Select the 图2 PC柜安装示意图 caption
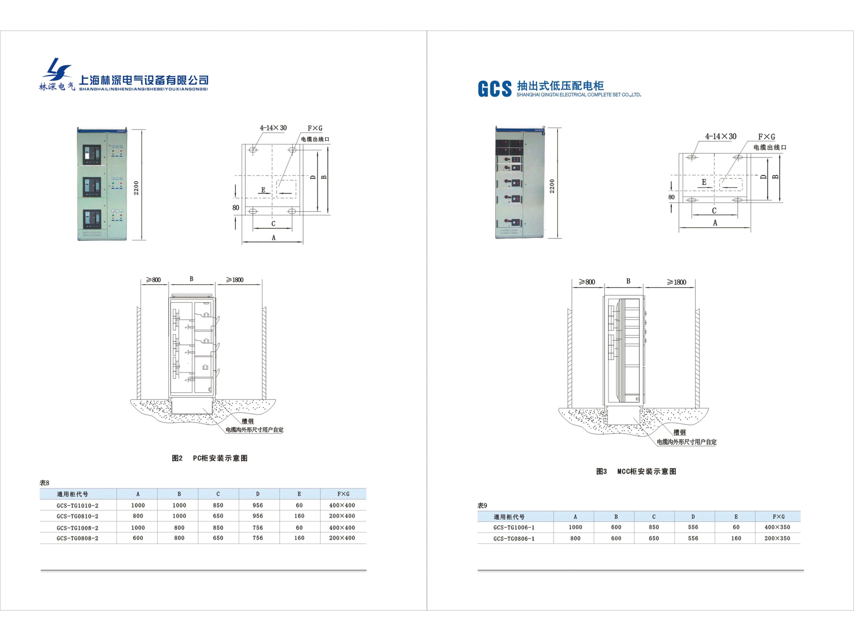pyautogui.click(x=210, y=458)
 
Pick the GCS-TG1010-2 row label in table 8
pyautogui.click(x=77, y=505)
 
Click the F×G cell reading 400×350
pyautogui.click(x=777, y=527)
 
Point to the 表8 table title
pyautogui.click(x=44, y=483)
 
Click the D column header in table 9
pyautogui.click(x=693, y=517)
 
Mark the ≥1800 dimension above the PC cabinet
pyautogui.click(x=235, y=280)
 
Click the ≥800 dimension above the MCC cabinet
pyautogui.click(x=587, y=282)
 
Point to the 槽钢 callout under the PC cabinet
pyautogui.click(x=247, y=421)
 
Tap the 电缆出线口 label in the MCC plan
pyautogui.click(x=770, y=147)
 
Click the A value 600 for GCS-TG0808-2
pyautogui.click(x=138, y=538)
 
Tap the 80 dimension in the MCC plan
pyautogui.click(x=671, y=197)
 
